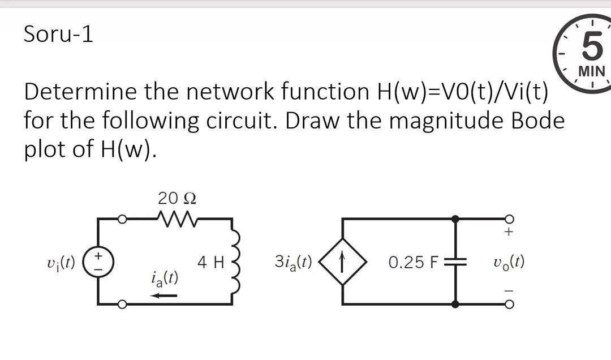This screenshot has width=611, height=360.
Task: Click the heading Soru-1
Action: (x=58, y=35)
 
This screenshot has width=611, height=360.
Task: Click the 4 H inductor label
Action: (x=211, y=263)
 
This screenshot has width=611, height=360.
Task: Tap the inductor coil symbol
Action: (x=236, y=262)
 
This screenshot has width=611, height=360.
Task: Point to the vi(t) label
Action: (x=63, y=263)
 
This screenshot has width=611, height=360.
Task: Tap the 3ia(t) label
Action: (x=292, y=262)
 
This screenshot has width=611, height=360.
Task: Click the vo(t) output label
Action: (x=509, y=263)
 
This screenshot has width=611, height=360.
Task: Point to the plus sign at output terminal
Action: (x=508, y=232)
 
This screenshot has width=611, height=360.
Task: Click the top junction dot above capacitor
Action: (x=455, y=218)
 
